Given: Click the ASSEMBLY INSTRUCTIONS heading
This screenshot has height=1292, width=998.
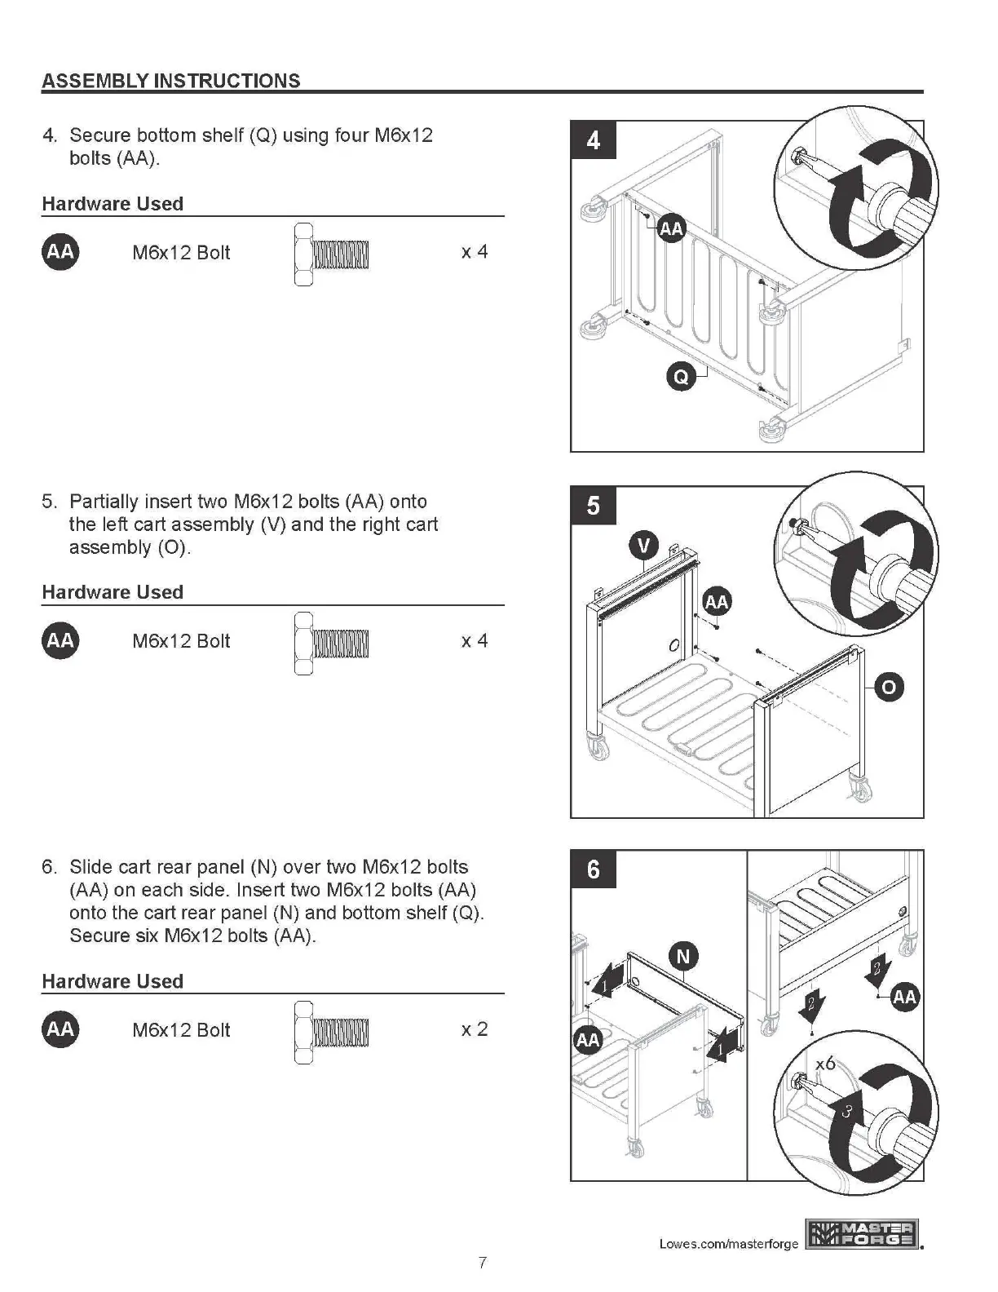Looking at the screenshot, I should pyautogui.click(x=170, y=81).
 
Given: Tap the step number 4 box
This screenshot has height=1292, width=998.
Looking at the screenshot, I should pyautogui.click(x=593, y=140).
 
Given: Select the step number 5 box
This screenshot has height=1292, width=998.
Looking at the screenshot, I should pyautogui.click(x=593, y=506).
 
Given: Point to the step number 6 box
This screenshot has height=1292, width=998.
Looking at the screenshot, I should pyautogui.click(x=593, y=869).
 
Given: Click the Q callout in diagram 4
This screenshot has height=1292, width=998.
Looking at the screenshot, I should pyautogui.click(x=681, y=376).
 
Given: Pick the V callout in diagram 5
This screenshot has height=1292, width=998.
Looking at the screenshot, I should pyautogui.click(x=644, y=544).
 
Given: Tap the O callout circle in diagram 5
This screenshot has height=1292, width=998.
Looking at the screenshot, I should pyautogui.click(x=888, y=687).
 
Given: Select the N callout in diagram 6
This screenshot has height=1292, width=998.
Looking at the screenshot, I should pyautogui.click(x=683, y=956).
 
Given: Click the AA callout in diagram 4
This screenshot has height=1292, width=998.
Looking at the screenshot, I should pyautogui.click(x=671, y=229).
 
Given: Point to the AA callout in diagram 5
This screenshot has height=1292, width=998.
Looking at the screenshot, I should pyautogui.click(x=716, y=602).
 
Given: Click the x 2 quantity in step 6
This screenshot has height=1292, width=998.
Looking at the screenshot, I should pyautogui.click(x=474, y=1029).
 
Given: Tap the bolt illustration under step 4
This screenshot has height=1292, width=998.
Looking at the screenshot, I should pyautogui.click(x=331, y=254).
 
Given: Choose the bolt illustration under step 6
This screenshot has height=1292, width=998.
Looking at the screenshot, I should pyautogui.click(x=331, y=1032).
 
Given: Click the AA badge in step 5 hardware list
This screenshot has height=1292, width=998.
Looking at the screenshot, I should pyautogui.click(x=60, y=640).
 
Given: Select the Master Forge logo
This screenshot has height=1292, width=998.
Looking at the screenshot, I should pyautogui.click(x=862, y=1234).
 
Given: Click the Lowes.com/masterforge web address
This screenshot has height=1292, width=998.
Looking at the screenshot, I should pyautogui.click(x=728, y=1244).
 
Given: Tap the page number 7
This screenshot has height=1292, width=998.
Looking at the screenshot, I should pyautogui.click(x=483, y=1263).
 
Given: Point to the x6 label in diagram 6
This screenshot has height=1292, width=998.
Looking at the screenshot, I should pyautogui.click(x=825, y=1063).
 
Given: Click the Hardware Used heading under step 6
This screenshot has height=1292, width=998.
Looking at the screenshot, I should pyautogui.click(x=113, y=981).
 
